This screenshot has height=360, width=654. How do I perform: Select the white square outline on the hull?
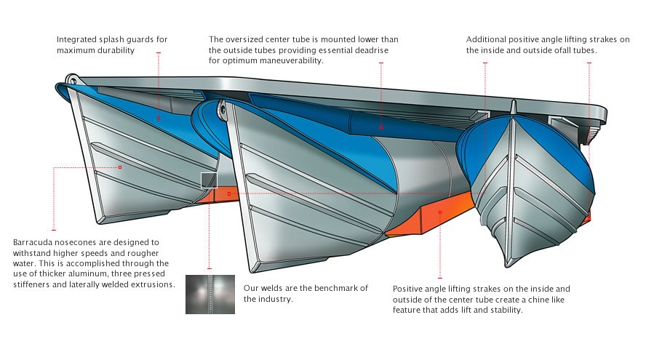point(209,180)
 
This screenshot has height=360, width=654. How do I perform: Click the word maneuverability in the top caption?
point(287,61)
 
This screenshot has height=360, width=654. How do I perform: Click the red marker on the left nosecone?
point(120,167)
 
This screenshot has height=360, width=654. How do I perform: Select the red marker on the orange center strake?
point(441,212)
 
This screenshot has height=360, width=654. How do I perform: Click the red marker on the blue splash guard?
point(158,116)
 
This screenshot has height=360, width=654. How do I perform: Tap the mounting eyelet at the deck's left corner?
point(73,79)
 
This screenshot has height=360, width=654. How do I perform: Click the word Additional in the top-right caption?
point(489,39)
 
